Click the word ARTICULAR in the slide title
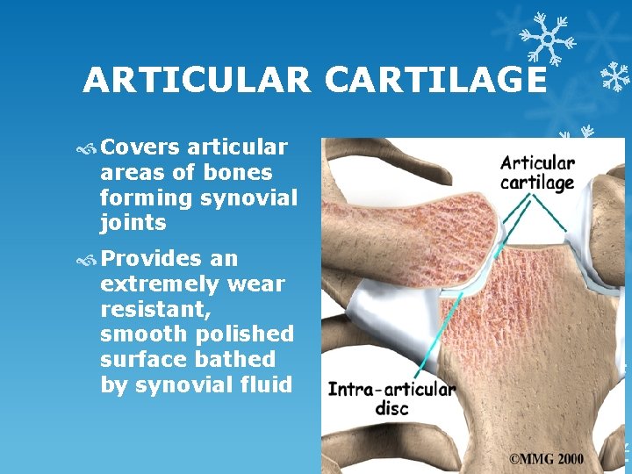(x=197, y=82)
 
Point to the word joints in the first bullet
(x=133, y=223)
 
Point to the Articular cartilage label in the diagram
(x=537, y=172)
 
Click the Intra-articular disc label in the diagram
(x=391, y=399)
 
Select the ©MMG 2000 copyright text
(x=545, y=458)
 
